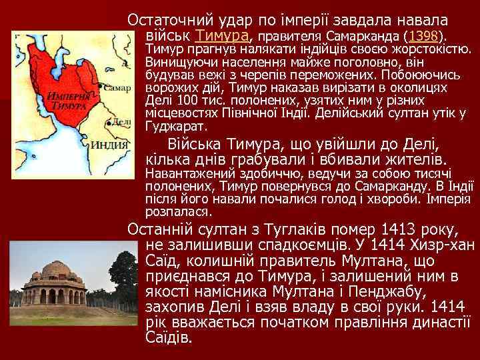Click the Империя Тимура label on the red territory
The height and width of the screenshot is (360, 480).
[x=65, y=101]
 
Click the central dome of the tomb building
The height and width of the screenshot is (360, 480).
[x=56, y=269]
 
